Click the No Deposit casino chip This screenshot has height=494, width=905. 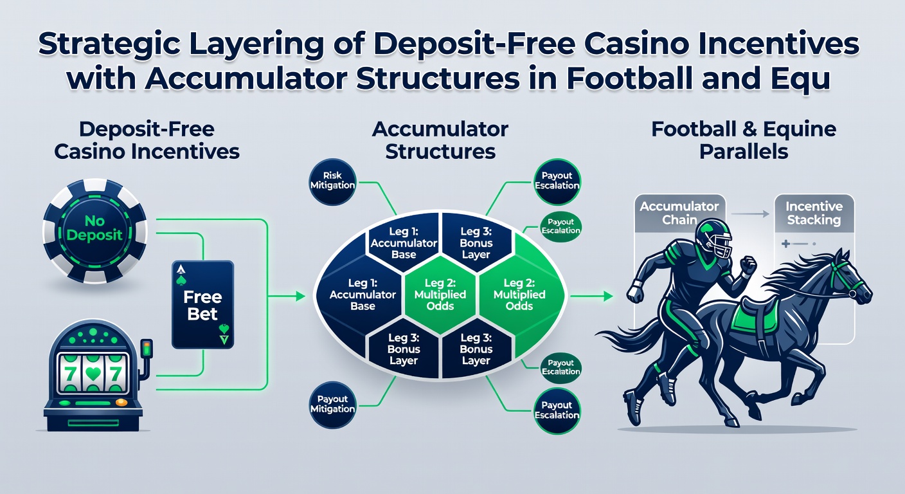tap(95, 231)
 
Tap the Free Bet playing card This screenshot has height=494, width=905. tap(203, 305)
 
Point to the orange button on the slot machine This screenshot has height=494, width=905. tap(121, 402)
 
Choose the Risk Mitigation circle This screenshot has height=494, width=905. tap(332, 181)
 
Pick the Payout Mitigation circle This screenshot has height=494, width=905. tap(332, 405)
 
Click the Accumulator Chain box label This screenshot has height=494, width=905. tap(679, 213)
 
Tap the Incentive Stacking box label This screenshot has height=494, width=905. tap(814, 213)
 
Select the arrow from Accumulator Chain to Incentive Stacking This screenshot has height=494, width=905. tap(750, 214)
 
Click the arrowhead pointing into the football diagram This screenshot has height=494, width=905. tap(301, 297)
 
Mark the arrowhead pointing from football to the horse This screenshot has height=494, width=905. tap(609, 297)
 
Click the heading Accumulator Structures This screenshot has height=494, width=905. tap(440, 140)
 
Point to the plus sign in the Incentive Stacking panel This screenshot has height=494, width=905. tap(786, 244)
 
